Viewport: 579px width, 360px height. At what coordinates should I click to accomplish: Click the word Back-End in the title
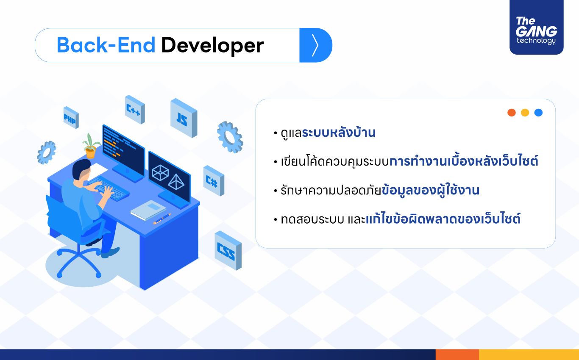click(x=106, y=45)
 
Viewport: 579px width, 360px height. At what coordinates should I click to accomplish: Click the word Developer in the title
click(x=212, y=46)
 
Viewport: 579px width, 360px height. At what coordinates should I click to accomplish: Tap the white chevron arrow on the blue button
click(x=315, y=45)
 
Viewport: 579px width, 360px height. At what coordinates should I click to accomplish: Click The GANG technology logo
click(x=536, y=28)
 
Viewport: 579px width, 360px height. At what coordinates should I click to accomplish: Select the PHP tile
click(x=71, y=117)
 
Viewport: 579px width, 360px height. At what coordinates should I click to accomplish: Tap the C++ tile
click(x=135, y=109)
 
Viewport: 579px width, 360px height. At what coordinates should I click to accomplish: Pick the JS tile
click(x=184, y=118)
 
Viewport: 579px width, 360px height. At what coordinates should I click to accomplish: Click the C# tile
click(x=214, y=180)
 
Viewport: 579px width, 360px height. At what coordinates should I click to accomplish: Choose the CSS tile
click(x=228, y=250)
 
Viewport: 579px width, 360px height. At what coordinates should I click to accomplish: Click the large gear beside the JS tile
click(x=230, y=137)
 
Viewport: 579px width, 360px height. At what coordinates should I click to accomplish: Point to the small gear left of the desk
click(x=47, y=152)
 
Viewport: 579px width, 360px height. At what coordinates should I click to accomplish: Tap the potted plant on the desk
click(x=91, y=146)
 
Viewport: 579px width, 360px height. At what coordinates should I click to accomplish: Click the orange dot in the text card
click(x=512, y=113)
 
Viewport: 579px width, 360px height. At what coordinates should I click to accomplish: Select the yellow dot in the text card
click(x=525, y=113)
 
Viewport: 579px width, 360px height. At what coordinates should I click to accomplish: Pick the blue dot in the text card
click(x=538, y=113)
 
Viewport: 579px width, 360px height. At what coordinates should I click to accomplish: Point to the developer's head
click(x=81, y=170)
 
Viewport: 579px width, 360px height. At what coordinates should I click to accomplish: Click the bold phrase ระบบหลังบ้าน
click(x=339, y=133)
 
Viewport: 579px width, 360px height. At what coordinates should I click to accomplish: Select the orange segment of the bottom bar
click(x=457, y=354)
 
